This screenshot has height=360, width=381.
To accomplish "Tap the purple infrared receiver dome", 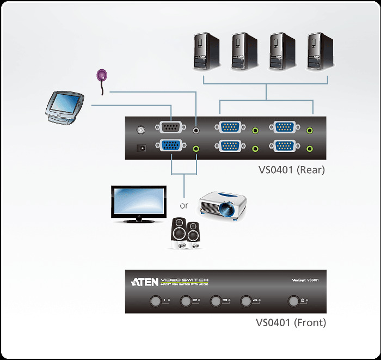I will pyautogui.click(x=102, y=75).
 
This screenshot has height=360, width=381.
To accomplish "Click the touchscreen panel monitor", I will pyautogui.click(x=64, y=105).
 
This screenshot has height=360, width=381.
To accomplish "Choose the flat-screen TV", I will pyautogui.click(x=138, y=203).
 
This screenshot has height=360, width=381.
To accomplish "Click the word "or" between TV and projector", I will pyautogui.click(x=184, y=206).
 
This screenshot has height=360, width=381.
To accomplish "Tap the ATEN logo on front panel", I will pyautogui.click(x=145, y=282).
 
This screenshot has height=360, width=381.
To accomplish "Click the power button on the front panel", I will pyautogui.click(x=294, y=301).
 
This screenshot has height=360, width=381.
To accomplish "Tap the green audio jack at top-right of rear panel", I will pyautogui.click(x=310, y=130).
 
